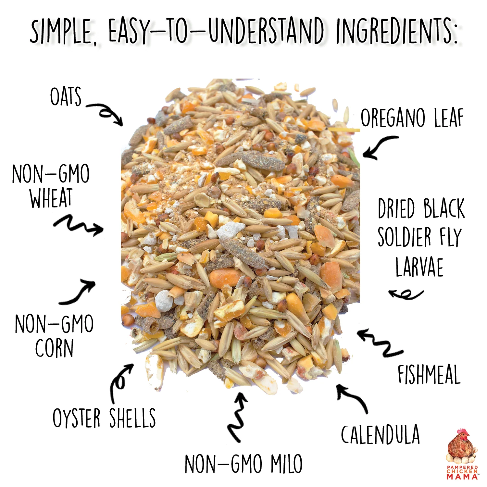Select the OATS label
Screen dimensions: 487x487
66,96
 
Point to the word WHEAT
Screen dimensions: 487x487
51,198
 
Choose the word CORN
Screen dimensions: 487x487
54,348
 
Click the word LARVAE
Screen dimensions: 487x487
419,267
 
